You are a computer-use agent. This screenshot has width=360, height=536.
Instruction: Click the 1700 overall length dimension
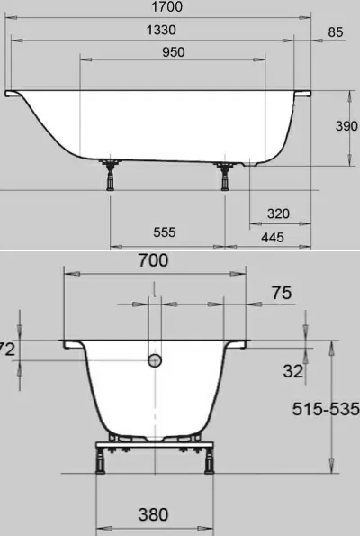[166, 6]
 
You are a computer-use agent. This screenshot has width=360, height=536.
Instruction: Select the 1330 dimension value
[161, 30]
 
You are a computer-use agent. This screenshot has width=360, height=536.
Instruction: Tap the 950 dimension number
[173, 52]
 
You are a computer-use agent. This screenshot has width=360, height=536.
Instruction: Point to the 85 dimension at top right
[335, 32]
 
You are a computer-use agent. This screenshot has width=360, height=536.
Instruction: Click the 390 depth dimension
[346, 126]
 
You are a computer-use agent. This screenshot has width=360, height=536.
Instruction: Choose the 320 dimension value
[278, 213]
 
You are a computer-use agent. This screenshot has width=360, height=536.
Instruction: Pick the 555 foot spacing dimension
[165, 232]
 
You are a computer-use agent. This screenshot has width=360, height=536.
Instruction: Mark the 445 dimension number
[273, 237]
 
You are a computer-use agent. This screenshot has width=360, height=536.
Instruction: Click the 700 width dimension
[153, 260]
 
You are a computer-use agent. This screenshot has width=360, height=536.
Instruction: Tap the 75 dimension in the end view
[282, 293]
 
